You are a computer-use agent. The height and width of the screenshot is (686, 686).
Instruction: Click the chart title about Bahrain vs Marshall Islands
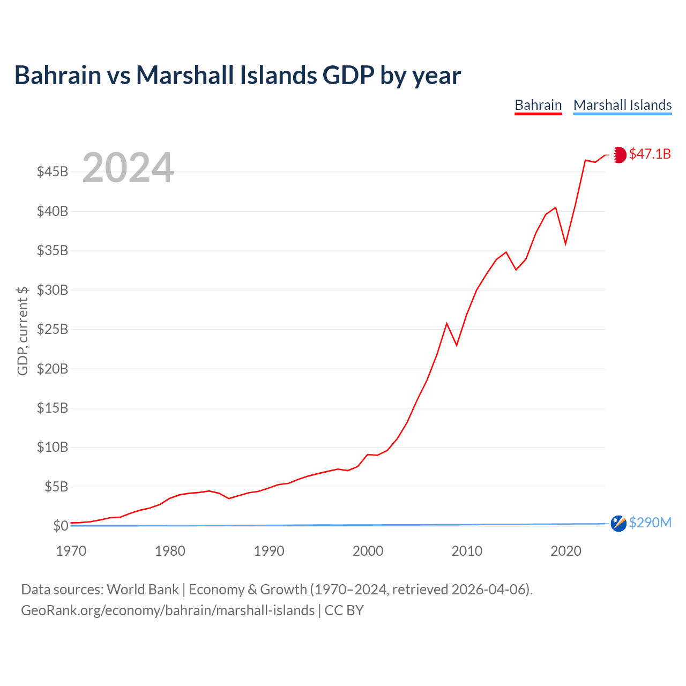tap(237, 75)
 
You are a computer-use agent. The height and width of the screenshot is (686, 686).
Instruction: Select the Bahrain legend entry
tap(538, 105)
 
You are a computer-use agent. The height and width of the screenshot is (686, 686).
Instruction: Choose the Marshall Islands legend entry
tap(622, 105)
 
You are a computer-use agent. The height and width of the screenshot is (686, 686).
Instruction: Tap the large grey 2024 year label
tap(128, 168)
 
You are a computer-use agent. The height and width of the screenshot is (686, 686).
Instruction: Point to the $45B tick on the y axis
tap(53, 172)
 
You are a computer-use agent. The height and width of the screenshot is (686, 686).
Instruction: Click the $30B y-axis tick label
tap(53, 290)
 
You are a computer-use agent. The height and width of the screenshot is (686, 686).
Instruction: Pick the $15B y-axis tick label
tap(53, 408)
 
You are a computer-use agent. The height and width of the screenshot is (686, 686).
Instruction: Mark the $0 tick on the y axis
tap(60, 526)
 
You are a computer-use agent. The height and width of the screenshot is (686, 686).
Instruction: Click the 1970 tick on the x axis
tap(71, 550)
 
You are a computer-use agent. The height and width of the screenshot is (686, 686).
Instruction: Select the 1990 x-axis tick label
tap(269, 550)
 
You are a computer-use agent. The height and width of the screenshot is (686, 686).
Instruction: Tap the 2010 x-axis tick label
tap(467, 550)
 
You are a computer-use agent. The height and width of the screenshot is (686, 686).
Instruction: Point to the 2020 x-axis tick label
tap(566, 550)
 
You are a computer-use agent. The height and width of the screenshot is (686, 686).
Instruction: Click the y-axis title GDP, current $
tap(23, 331)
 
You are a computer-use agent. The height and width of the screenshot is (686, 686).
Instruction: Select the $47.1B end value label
tap(650, 154)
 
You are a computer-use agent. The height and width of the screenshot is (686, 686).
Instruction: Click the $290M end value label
tap(650, 523)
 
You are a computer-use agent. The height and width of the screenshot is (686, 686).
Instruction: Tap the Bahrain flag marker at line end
tap(618, 155)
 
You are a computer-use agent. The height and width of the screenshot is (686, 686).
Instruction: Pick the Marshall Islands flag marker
tap(618, 524)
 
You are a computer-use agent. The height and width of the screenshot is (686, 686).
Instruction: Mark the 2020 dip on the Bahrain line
tap(565, 244)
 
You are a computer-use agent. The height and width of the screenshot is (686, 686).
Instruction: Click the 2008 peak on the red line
tap(446, 323)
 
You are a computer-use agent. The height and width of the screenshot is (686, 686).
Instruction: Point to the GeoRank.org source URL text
tap(168, 610)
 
